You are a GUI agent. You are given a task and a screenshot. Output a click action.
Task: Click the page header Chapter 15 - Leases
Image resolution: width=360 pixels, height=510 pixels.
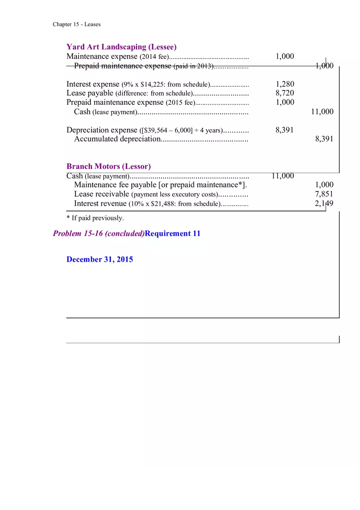(x=76, y=25)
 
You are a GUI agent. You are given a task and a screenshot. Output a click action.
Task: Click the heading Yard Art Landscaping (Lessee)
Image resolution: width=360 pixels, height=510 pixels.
(x=122, y=47)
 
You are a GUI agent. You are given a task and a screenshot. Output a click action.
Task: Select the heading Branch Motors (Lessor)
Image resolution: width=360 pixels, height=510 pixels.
(x=108, y=166)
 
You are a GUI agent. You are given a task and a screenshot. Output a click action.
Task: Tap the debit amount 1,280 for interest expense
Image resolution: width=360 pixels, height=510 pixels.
(x=285, y=84)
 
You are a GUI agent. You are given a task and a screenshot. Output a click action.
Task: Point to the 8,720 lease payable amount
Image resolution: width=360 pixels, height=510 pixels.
(x=285, y=93)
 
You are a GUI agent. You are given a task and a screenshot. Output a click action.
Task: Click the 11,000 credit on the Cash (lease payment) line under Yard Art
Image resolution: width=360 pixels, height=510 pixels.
(x=322, y=112)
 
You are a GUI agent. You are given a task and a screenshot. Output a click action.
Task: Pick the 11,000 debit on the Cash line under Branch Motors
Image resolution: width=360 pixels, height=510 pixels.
(x=282, y=176)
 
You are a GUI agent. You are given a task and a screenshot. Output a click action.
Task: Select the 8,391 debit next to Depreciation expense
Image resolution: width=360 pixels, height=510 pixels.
(x=285, y=130)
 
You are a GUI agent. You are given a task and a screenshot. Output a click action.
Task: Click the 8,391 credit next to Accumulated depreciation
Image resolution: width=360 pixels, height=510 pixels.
(x=324, y=139)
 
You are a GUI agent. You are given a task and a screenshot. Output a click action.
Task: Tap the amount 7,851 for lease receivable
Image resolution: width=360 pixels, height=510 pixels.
(x=324, y=194)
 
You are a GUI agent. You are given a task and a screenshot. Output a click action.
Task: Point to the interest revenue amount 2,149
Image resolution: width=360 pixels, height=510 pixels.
(x=324, y=203)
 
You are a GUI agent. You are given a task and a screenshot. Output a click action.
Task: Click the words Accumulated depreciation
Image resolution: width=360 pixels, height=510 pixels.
(x=117, y=139)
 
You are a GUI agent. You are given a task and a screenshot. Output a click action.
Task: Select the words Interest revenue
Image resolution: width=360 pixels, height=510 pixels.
(x=101, y=203)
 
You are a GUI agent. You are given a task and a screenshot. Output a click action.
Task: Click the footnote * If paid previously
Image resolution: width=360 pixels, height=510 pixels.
(x=95, y=218)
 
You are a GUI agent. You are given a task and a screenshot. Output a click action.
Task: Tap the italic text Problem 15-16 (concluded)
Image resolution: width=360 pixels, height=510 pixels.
(x=99, y=234)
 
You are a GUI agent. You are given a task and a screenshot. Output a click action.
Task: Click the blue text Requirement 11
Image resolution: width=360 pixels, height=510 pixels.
(x=173, y=234)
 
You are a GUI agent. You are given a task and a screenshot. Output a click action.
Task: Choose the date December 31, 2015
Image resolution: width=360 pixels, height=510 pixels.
(x=99, y=259)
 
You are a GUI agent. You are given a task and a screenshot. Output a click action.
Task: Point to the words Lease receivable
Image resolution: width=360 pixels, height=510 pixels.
(x=101, y=194)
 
